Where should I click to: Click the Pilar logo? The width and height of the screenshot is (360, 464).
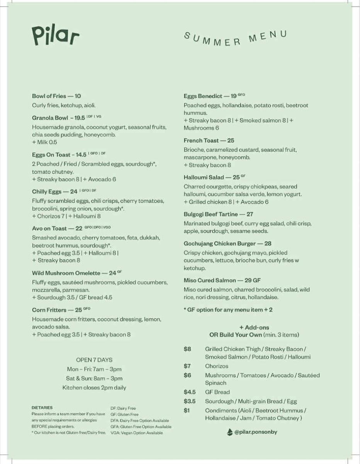[56, 36]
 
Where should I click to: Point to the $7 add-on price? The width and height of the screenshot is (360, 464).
[187, 366]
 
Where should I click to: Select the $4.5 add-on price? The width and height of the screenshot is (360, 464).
[190, 392]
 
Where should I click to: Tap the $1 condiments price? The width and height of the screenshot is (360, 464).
[187, 411]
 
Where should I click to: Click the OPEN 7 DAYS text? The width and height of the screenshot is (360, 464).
[94, 360]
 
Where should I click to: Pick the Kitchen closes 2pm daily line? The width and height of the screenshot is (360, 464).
[94, 387]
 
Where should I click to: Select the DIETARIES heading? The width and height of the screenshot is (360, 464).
[42, 408]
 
